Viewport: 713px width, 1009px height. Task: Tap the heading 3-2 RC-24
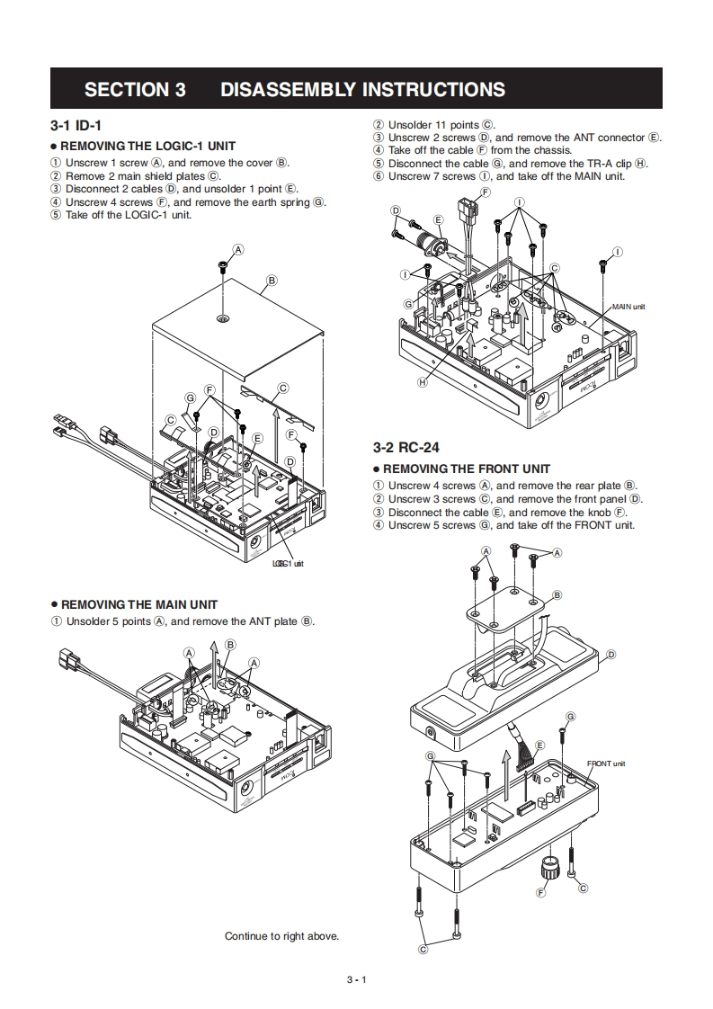coord(406,447)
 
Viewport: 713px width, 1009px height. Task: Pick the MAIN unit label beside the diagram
coord(628,307)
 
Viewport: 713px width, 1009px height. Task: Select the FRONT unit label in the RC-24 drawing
coord(606,763)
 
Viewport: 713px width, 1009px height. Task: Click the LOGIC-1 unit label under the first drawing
coord(288,564)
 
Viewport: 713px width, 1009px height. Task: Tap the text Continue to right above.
coord(281,936)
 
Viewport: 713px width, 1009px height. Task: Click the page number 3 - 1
coord(356,979)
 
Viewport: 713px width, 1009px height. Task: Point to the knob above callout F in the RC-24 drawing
coord(548,868)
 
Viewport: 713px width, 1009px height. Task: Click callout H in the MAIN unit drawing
coord(422,382)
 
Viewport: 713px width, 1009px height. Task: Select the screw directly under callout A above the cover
coord(222,266)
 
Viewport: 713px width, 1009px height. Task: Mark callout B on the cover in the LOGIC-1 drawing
coord(272,281)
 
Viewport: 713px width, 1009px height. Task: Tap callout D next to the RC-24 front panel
coord(611,654)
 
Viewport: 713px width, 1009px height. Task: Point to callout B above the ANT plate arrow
coord(230,644)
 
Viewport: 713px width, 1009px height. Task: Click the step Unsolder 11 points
coord(441,124)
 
